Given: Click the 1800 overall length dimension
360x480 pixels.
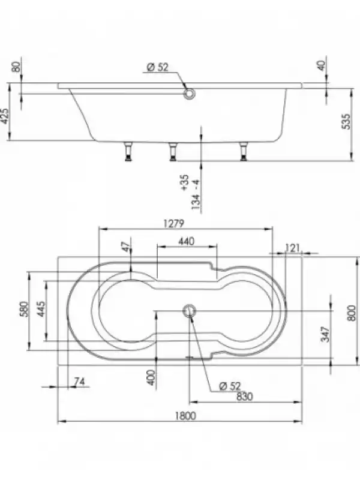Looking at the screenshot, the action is click(185, 416).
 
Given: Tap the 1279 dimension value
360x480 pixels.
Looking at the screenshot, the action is click(173, 223).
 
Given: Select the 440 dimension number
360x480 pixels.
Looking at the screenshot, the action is click(186, 241).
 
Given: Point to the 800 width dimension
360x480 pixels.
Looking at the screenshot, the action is click(352, 313).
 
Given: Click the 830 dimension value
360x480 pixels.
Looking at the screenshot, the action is click(245, 397).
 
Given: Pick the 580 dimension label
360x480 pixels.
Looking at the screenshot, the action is click(24, 309).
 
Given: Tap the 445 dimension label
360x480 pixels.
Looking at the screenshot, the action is click(41, 309).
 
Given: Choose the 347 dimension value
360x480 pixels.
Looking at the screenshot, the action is click(326, 334).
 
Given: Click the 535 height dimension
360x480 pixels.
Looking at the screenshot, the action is click(346, 122).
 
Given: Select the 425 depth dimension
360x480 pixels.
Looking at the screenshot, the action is click(5, 116).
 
